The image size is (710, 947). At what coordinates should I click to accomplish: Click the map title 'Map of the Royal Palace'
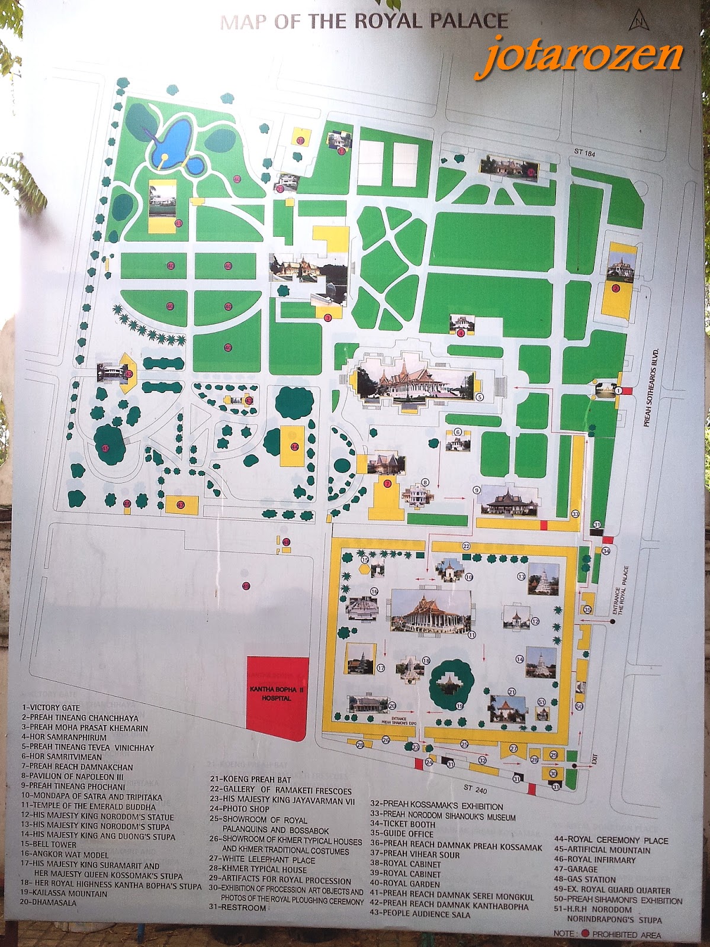(x=364, y=22)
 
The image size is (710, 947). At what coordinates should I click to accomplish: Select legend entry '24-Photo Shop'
(x=239, y=809)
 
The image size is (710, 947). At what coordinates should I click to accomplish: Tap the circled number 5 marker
(x=480, y=397)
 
